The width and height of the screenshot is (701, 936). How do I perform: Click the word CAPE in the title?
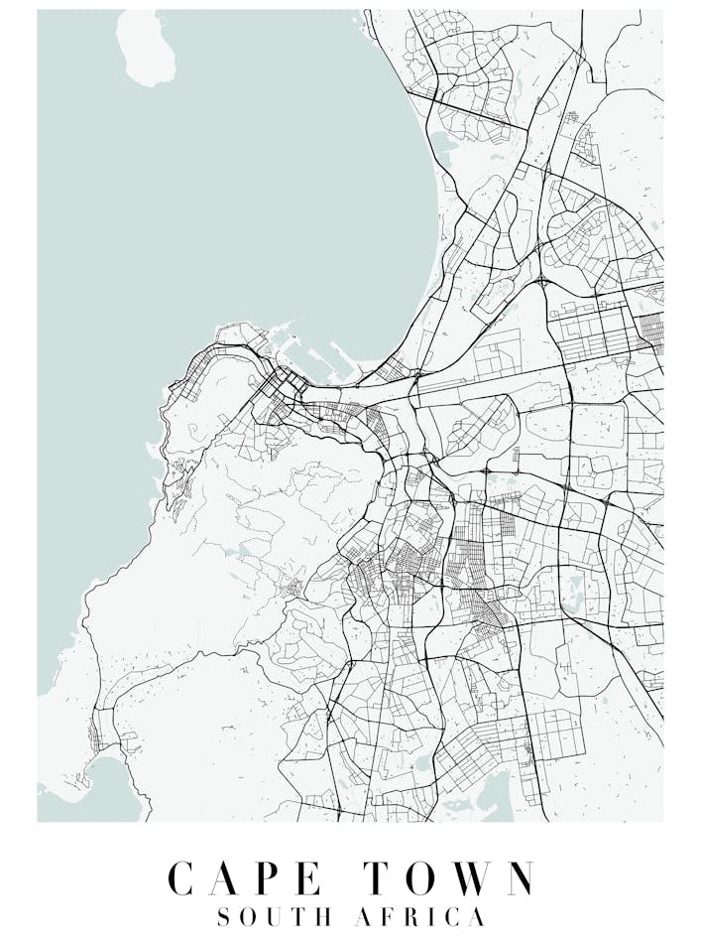[x=245, y=878]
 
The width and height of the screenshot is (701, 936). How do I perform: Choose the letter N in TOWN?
[x=518, y=878]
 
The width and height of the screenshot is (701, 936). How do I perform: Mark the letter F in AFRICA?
[x=389, y=916]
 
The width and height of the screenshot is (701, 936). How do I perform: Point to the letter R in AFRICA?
[x=413, y=916]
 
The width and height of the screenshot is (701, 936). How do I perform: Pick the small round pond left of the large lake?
[x=424, y=765]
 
